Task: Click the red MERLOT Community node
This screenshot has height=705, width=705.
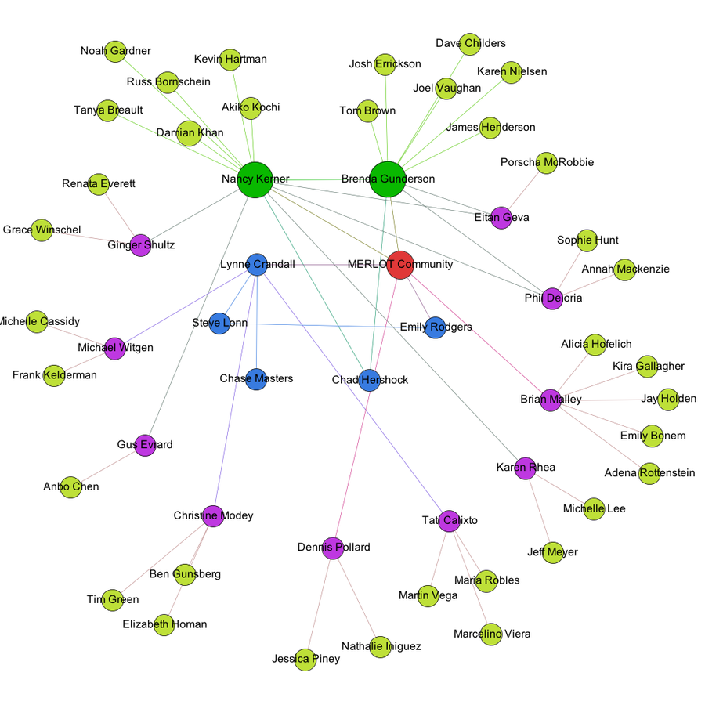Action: point(399,265)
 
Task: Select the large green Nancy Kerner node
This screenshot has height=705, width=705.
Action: point(255,179)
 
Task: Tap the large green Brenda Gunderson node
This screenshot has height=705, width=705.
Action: point(387,179)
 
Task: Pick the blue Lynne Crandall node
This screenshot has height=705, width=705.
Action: point(257,265)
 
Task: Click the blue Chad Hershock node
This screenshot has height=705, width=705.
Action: point(370,380)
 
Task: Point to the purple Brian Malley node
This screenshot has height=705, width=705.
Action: point(551,399)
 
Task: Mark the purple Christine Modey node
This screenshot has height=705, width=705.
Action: point(213,516)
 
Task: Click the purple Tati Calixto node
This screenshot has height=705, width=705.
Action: point(449,520)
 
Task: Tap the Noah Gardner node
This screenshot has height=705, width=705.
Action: point(115,51)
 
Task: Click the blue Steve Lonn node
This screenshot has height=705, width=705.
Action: point(220,323)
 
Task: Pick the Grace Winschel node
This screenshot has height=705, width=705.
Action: point(42,230)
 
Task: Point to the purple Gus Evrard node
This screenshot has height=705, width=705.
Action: point(145,445)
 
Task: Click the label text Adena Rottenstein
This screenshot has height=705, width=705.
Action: point(649,473)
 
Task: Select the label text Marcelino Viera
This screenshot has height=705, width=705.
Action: point(491,634)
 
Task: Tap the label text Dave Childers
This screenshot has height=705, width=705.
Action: point(470,43)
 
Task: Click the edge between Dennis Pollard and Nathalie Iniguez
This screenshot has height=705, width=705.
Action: point(356,597)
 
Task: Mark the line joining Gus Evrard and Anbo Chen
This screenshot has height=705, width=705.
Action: point(108,466)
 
